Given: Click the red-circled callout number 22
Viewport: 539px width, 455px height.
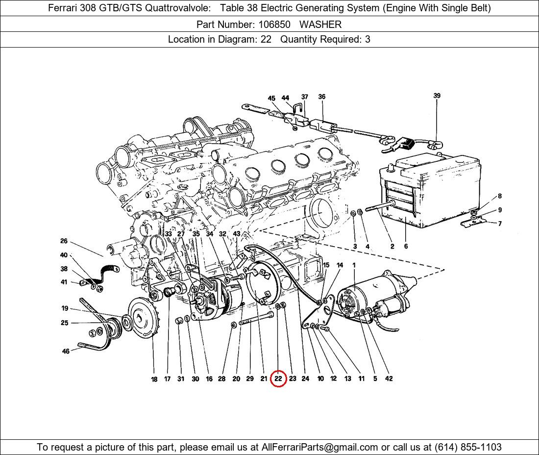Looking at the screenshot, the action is [278, 379].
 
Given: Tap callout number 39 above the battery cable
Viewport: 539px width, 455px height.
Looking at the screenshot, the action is [437, 96].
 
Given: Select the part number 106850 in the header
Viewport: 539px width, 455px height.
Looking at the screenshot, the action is [274, 25].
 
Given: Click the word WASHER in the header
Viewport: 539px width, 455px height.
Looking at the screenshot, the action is [320, 25].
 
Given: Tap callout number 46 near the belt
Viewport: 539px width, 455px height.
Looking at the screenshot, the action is [66, 351].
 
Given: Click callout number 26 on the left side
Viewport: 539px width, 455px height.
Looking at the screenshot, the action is [64, 241].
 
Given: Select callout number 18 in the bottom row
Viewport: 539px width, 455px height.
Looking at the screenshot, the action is [154, 379].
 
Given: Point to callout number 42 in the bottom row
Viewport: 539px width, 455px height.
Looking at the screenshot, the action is [389, 379].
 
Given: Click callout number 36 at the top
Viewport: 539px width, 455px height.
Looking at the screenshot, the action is [322, 97].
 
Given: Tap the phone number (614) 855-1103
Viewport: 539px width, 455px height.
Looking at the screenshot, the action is [468, 447].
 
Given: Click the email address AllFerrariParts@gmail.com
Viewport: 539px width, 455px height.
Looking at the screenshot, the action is [319, 447].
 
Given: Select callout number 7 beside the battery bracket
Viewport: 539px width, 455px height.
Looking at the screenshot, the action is [500, 224].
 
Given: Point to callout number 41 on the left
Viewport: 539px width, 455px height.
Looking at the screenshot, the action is [64, 282].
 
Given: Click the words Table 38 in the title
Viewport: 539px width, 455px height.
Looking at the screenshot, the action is [237, 8].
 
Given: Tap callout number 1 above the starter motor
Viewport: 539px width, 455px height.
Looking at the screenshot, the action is [354, 265].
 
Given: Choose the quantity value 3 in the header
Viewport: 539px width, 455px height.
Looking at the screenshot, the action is [367, 39].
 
